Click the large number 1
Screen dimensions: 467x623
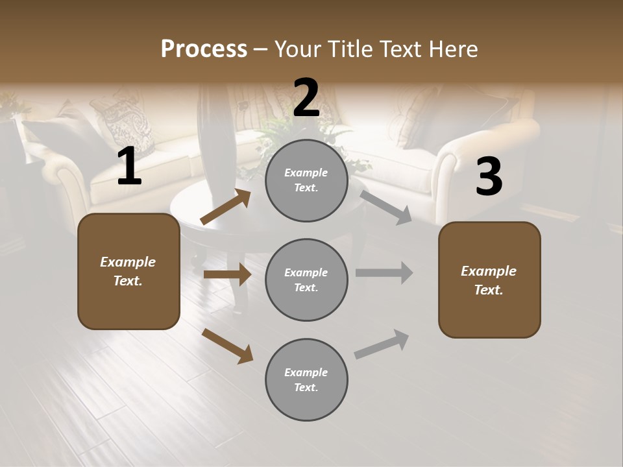pos(129,166)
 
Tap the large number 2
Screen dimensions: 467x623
pos(306,97)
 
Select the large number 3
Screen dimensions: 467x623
pos(489,176)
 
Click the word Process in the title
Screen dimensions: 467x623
pos(204,49)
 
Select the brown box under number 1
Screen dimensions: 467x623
pos(128,271)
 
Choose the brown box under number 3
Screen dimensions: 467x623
pos(489,280)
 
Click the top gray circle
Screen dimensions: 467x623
pos(306,180)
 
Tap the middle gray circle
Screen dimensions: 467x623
pos(306,280)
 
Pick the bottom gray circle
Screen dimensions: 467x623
pos(306,379)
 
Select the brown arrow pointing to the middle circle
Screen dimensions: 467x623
pos(227,274)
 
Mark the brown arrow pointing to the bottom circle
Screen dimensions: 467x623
pos(227,346)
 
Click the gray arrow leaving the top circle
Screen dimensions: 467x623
pos(386,207)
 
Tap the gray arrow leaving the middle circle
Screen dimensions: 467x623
pos(384,273)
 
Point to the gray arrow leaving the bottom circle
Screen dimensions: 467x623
pos(382,344)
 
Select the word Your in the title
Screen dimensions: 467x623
pos(299,49)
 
